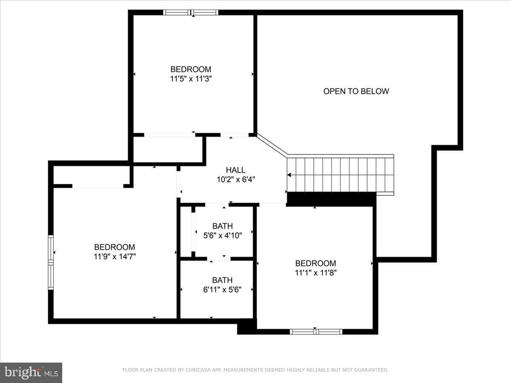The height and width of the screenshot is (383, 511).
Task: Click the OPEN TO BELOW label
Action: tap(356, 91)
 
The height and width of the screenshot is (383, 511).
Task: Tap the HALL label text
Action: tap(235, 170)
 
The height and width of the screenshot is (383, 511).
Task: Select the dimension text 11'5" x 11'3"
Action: tap(191, 79)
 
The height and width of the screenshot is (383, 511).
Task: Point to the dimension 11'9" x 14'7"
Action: tap(115, 257)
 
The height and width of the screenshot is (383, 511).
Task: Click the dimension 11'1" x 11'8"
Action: tap(316, 272)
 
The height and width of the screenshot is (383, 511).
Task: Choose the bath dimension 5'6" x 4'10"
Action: tap(223, 236)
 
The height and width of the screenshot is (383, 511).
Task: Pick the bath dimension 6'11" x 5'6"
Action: tap(222, 290)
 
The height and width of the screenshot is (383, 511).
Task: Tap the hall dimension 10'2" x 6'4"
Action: tap(236, 180)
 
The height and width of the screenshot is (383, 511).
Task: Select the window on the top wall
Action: tap(191, 12)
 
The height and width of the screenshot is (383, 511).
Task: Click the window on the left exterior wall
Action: tap(51, 263)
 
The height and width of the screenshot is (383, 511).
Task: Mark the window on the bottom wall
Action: tap(316, 332)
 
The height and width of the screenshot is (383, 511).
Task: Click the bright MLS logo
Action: tap(31, 373)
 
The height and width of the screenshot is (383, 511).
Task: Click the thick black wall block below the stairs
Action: tap(331, 199)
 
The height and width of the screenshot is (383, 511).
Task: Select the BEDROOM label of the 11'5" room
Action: tap(191, 69)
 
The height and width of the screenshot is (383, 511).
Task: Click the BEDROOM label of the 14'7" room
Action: tap(115, 247)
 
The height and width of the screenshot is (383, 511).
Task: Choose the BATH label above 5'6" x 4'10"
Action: tap(223, 226)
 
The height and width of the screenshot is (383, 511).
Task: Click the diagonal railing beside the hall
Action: tap(272, 145)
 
